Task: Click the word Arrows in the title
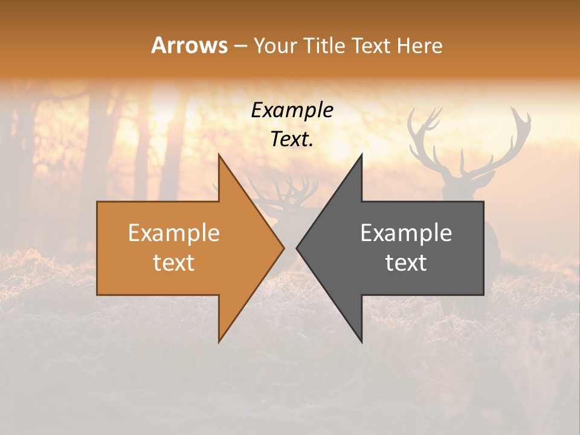(x=190, y=45)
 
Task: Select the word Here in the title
(x=420, y=45)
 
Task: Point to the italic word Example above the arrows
(x=292, y=111)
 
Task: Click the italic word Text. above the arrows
(x=292, y=140)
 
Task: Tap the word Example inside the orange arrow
(x=173, y=233)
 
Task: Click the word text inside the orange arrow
(x=173, y=263)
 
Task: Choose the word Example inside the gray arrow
(x=406, y=233)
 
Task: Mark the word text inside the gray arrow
(x=406, y=263)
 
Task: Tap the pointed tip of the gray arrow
(x=298, y=248)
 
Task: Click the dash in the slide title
(x=240, y=46)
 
